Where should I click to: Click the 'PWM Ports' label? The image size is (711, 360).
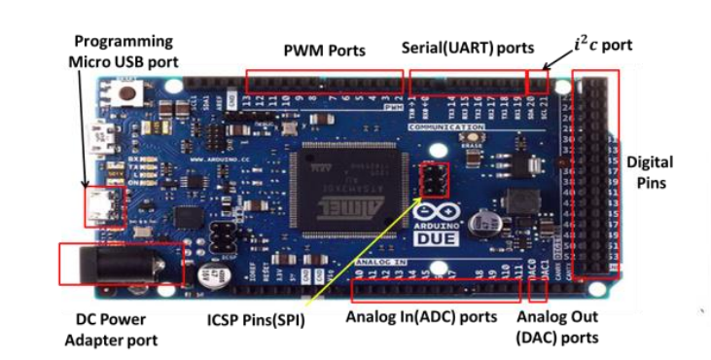(x=324, y=51)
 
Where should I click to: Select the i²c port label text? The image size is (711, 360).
(x=603, y=45)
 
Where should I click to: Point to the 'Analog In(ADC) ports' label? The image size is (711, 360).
(x=422, y=316)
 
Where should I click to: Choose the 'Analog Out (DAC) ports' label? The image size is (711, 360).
(x=556, y=327)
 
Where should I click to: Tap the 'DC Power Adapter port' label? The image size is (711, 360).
(x=111, y=329)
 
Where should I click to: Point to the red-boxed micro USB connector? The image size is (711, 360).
(x=102, y=205)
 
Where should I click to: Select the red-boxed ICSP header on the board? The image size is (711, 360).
(x=433, y=179)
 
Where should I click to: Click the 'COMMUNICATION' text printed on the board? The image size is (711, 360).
(x=446, y=127)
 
